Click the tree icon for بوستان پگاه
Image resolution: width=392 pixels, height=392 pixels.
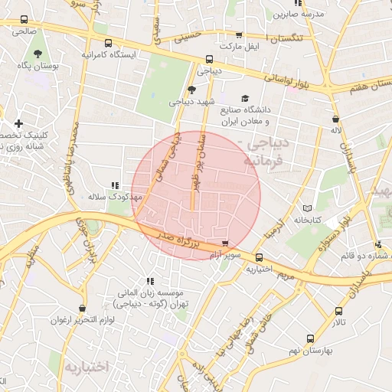click(38, 54)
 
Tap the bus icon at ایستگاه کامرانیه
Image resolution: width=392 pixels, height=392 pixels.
click(108, 43)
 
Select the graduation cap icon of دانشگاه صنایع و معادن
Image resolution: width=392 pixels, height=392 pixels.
click(245, 98)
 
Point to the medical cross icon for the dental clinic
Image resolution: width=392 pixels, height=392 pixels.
click(18, 123)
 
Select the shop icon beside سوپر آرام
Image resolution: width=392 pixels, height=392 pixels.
click(224, 244)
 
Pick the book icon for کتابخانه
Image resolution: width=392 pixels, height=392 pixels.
click(308, 208)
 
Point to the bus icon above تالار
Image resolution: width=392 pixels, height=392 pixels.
click(338, 311)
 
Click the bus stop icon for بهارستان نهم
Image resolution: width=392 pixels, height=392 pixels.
click(310, 338)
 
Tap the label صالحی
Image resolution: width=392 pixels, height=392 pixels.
click(23, 32)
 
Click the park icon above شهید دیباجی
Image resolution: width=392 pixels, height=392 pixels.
click(191, 90)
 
